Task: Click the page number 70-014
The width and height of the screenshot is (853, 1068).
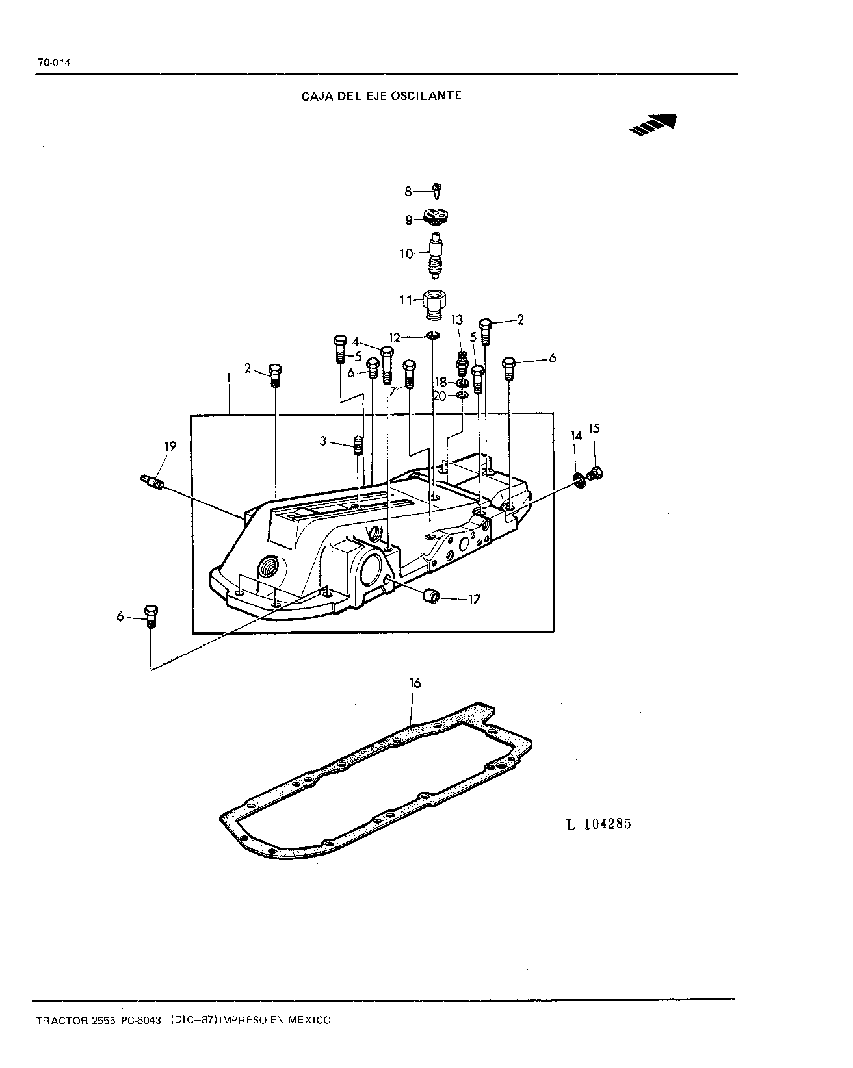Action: coord(54,62)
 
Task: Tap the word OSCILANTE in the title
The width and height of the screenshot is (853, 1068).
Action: coord(426,95)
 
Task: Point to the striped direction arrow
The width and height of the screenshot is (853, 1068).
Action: coord(653,125)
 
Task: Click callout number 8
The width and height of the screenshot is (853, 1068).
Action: coord(408,192)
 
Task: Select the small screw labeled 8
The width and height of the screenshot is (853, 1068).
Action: coord(437,190)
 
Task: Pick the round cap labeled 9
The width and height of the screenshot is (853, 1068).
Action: coord(436,217)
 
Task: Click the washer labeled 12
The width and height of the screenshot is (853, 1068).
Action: coord(433,336)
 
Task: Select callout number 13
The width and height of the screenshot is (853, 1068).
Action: coord(457,320)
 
